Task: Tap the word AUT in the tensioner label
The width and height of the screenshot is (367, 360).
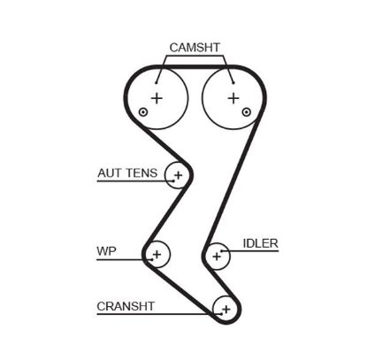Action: pos(109,174)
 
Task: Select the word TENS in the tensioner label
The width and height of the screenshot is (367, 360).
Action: pos(141,174)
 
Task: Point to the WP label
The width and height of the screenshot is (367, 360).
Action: pos(106,249)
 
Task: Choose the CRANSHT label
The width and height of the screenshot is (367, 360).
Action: pos(126,306)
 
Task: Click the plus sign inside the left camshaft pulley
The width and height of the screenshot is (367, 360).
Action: pos(157,97)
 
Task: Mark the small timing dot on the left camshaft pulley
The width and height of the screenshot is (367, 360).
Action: pos(142,113)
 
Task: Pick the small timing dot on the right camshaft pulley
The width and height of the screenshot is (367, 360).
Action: pos(247,113)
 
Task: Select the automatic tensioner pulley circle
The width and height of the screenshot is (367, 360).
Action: pos(178,176)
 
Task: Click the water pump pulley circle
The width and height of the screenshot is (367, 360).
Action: pos(157,256)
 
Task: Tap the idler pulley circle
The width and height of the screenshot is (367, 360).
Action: pos(216,256)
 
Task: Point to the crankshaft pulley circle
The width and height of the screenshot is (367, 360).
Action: pos(226,309)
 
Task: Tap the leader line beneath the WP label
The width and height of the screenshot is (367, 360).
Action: pos(119,258)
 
